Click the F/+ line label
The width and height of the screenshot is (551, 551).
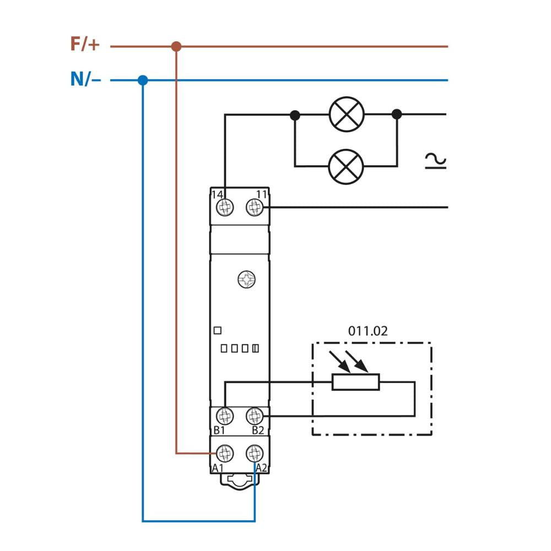(x=85, y=44)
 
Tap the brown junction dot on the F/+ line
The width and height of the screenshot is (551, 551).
(x=176, y=46)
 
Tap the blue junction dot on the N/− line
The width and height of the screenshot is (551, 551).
(x=143, y=80)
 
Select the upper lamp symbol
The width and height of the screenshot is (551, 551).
(x=347, y=115)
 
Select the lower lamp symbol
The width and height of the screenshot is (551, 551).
(x=346, y=166)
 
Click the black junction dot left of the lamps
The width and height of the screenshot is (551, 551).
(x=295, y=115)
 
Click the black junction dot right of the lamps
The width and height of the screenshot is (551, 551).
(x=397, y=115)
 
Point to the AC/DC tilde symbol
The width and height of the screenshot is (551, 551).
(x=435, y=161)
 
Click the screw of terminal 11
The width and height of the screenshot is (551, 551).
(x=254, y=208)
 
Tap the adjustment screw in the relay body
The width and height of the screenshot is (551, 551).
(x=246, y=280)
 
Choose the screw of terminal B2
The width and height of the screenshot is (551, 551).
(x=254, y=416)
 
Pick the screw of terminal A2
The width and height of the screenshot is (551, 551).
(x=254, y=453)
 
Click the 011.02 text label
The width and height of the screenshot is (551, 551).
(x=368, y=331)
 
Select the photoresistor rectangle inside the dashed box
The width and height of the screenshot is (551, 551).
(x=355, y=382)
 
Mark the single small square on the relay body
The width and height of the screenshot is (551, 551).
(x=217, y=331)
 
